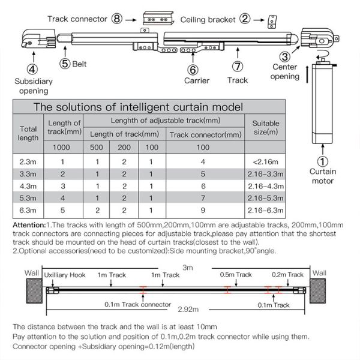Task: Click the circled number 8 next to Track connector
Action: point(117,19)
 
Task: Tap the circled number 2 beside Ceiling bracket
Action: point(244,19)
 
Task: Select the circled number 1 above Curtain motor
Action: point(322,161)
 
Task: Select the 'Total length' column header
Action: point(28,133)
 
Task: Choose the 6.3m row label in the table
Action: point(28,211)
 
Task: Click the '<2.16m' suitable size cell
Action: point(265,161)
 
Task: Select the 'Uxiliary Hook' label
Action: point(65,275)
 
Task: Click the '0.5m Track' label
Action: point(235,275)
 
